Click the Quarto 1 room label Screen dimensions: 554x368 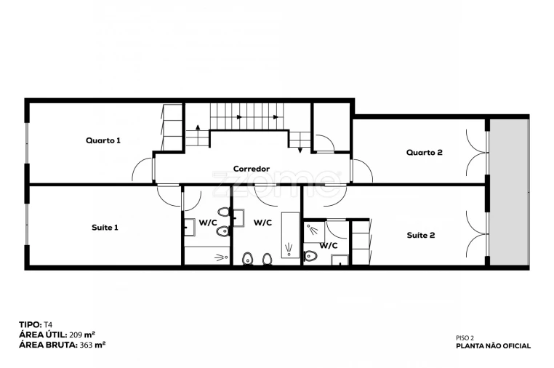click(x=103, y=140)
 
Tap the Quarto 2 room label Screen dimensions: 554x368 click(x=425, y=152)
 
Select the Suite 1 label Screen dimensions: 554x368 click(x=105, y=228)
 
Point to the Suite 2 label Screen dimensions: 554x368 click(x=421, y=235)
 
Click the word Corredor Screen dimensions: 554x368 click(x=252, y=169)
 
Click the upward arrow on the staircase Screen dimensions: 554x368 click(x=198, y=128)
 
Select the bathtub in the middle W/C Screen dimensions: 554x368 click(x=290, y=235)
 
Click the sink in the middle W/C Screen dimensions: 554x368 click(x=238, y=217)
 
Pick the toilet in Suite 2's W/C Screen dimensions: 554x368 click(x=310, y=255)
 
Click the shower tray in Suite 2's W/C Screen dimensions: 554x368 click(x=314, y=232)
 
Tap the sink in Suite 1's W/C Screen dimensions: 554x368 click(x=190, y=228)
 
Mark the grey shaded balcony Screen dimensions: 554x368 click(x=509, y=192)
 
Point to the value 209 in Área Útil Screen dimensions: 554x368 click(x=76, y=335)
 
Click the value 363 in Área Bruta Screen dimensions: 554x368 click(x=86, y=345)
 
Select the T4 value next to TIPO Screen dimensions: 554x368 click(x=48, y=324)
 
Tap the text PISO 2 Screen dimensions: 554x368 click(x=465, y=338)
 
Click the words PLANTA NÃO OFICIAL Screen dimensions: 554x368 click(x=493, y=346)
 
